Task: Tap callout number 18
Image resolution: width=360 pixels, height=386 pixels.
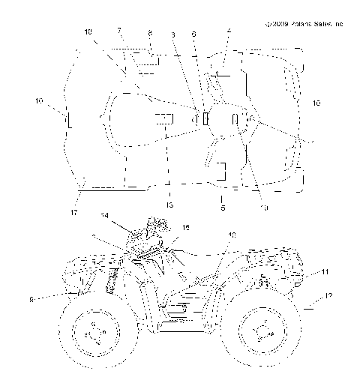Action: tap(88, 32)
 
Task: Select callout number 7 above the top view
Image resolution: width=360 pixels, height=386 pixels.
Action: tap(119, 31)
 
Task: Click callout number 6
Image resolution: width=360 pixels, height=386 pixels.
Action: tap(194, 34)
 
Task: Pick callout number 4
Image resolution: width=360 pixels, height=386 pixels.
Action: tap(229, 31)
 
